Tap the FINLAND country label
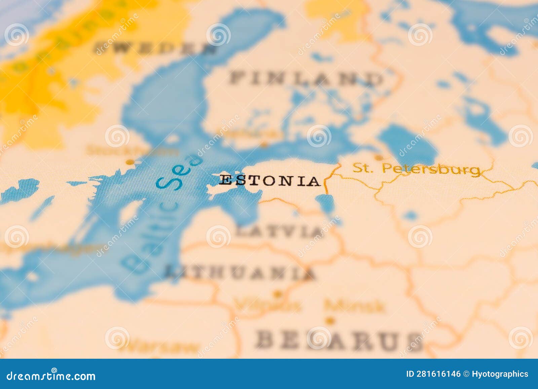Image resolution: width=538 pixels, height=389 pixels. (306, 78)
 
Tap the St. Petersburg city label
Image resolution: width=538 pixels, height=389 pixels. (416, 169)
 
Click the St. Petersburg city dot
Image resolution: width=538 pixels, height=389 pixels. (379, 157)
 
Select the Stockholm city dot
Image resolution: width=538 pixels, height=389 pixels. (129, 162)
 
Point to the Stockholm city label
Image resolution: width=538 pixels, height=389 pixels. (133, 150)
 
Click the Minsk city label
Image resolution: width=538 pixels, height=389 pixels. (354, 306)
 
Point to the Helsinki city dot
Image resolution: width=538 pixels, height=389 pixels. (265, 146)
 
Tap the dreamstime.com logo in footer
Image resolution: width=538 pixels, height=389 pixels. (51, 376)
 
